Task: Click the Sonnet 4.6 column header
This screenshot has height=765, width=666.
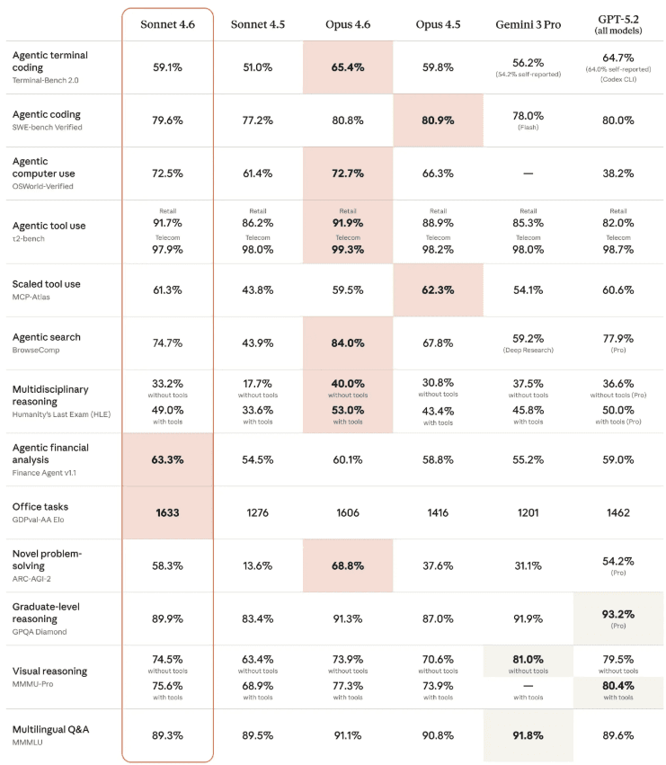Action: point(167,24)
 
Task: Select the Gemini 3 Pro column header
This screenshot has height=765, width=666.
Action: point(528,24)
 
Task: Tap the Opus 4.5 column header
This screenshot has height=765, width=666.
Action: point(438,24)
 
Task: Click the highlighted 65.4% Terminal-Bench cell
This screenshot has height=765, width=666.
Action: point(348,67)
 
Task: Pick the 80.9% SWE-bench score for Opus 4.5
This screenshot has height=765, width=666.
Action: point(438,120)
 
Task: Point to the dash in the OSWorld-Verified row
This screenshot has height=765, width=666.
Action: point(528,173)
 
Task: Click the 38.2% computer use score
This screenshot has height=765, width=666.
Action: point(618,173)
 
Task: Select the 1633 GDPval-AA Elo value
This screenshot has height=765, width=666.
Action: point(167,512)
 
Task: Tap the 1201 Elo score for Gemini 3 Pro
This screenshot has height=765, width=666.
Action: point(528,512)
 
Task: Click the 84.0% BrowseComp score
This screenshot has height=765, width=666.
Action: point(348,343)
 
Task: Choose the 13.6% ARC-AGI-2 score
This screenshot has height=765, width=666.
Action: point(258,566)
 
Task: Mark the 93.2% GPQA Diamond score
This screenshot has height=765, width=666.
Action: point(618,614)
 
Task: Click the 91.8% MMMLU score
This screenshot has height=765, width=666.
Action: point(528,735)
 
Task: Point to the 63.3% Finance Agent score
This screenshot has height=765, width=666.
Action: point(167,460)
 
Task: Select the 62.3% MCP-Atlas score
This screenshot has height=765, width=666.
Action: point(438,290)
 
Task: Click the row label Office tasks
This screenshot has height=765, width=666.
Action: point(40,506)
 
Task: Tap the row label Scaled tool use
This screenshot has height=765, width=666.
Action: point(47,284)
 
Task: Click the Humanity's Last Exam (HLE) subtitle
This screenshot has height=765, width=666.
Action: point(61,414)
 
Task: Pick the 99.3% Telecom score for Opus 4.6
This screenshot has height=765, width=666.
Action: point(348,250)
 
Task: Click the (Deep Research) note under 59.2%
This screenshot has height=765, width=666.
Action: point(528,351)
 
